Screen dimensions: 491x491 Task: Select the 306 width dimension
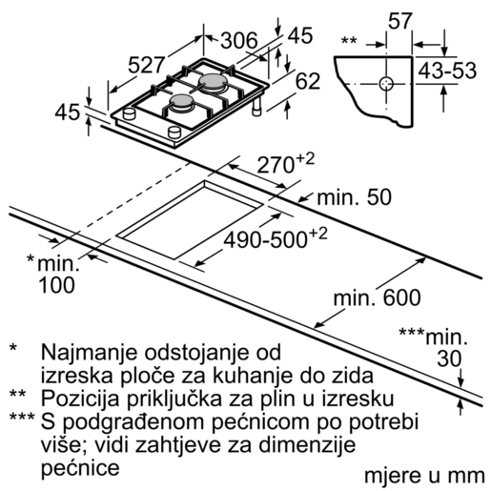tap(240, 42)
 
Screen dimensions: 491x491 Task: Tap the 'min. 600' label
tap(377, 298)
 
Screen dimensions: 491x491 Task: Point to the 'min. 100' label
tap(53, 275)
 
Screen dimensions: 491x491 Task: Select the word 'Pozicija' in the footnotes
tap(77, 396)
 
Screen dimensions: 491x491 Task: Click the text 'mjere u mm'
tap(417, 474)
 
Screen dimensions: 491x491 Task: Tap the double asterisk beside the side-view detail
tap(349, 41)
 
